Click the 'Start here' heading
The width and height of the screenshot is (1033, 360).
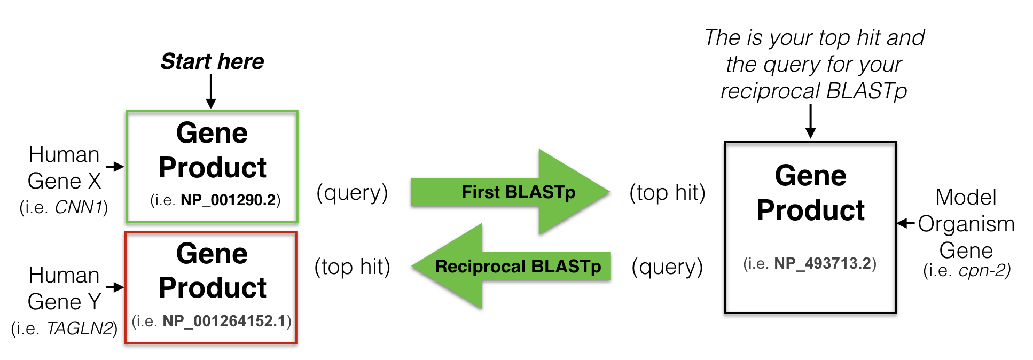212,61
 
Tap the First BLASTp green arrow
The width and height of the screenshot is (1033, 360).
510,192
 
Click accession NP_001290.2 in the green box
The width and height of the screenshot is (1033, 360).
228,200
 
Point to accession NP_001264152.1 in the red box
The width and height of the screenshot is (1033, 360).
224,321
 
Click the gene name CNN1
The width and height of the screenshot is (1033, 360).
79,207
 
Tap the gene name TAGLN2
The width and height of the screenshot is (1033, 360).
80,328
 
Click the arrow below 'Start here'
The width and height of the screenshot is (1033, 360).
211,92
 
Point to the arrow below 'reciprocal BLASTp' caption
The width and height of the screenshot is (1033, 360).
810,121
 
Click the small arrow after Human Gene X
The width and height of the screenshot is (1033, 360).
115,167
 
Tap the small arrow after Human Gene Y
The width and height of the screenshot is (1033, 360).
115,287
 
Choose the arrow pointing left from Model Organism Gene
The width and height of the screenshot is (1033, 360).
906,223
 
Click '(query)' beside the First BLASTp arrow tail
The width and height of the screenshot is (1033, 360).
352,192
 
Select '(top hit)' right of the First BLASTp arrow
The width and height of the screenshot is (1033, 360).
667,192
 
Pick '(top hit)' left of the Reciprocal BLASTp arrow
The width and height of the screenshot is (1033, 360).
352,267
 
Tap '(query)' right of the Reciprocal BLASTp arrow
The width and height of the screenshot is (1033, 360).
667,267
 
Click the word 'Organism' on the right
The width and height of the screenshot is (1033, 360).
966,224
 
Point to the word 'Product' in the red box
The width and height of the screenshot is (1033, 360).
212,288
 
